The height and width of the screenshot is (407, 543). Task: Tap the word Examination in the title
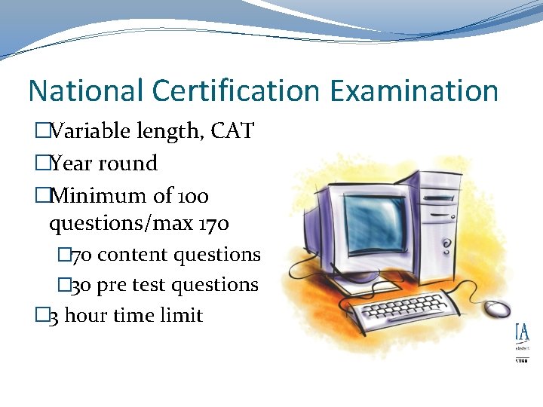(414, 91)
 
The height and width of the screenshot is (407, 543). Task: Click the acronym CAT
(232, 132)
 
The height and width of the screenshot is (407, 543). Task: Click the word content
(133, 255)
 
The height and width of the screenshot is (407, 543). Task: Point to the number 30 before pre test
(82, 285)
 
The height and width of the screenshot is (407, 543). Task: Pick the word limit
(182, 315)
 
